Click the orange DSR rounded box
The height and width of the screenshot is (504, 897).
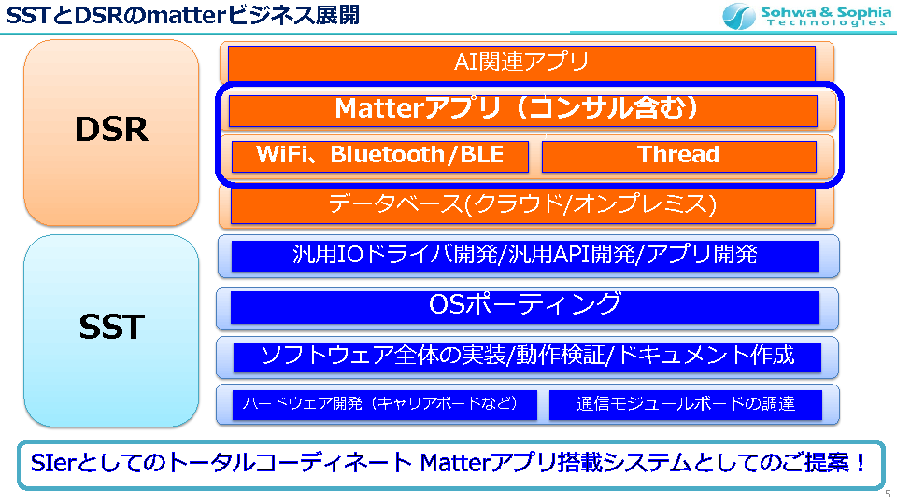[111, 132]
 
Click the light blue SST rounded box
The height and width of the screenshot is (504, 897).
[111, 330]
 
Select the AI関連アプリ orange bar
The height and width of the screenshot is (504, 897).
[521, 63]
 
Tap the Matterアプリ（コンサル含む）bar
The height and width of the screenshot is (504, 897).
[523, 110]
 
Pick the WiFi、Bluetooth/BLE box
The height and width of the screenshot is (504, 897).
[380, 156]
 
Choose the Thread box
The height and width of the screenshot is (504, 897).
[679, 156]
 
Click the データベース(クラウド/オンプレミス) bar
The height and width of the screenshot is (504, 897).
[523, 205]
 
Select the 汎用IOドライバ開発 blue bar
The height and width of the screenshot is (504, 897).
[525, 256]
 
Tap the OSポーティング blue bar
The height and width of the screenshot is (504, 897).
[525, 307]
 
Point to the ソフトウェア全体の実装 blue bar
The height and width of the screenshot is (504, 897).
[527, 357]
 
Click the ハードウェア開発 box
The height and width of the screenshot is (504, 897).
[384, 404]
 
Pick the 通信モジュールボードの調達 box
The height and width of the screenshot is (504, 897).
[685, 404]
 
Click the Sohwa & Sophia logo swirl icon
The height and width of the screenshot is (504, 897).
[738, 16]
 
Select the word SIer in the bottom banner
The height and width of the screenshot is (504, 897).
[52, 463]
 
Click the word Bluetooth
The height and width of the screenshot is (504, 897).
[387, 154]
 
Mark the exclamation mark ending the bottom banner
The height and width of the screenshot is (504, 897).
[861, 463]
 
